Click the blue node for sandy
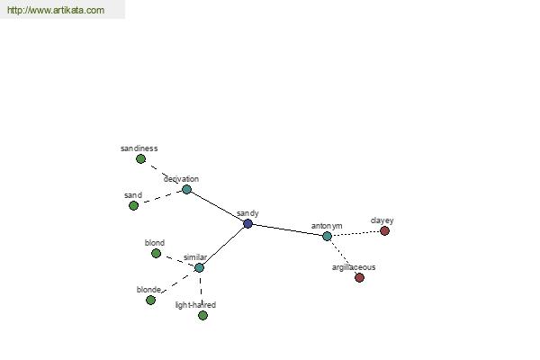pyautogui.click(x=247, y=224)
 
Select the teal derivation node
pyautogui.click(x=186, y=190)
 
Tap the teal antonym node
pyautogui.click(x=328, y=237)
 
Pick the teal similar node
pyautogui.click(x=199, y=267)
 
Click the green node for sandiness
pyautogui.click(x=140, y=159)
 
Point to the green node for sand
pyautogui.click(x=133, y=206)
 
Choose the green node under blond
pyautogui.click(x=156, y=254)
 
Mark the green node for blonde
pyautogui.click(x=150, y=301)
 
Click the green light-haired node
pyautogui.click(x=202, y=316)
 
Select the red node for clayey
pyautogui.click(x=384, y=230)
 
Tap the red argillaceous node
pyautogui.click(x=359, y=278)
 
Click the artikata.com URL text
pyautogui.click(x=56, y=10)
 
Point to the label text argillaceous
pyautogui.click(x=354, y=267)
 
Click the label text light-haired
pyautogui.click(x=195, y=305)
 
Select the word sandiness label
pyautogui.click(x=139, y=148)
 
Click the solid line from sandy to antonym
pyautogui.click(x=288, y=230)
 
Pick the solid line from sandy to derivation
pyautogui.click(x=217, y=207)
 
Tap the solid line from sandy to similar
pyautogui.click(x=223, y=246)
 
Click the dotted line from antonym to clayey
pyautogui.click(x=356, y=234)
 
